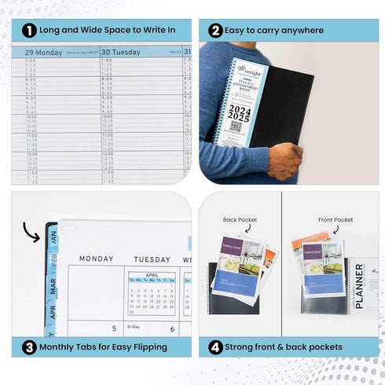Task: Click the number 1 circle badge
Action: [x=28, y=31]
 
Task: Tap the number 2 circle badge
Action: [x=215, y=31]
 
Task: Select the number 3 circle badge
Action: [x=28, y=346]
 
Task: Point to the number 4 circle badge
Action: [x=215, y=346]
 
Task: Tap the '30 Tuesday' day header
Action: [x=122, y=52]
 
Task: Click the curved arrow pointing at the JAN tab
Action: [x=32, y=231]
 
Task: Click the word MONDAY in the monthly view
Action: [x=97, y=258]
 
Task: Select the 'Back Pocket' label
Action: [x=240, y=220]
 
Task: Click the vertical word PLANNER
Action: [x=360, y=286]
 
